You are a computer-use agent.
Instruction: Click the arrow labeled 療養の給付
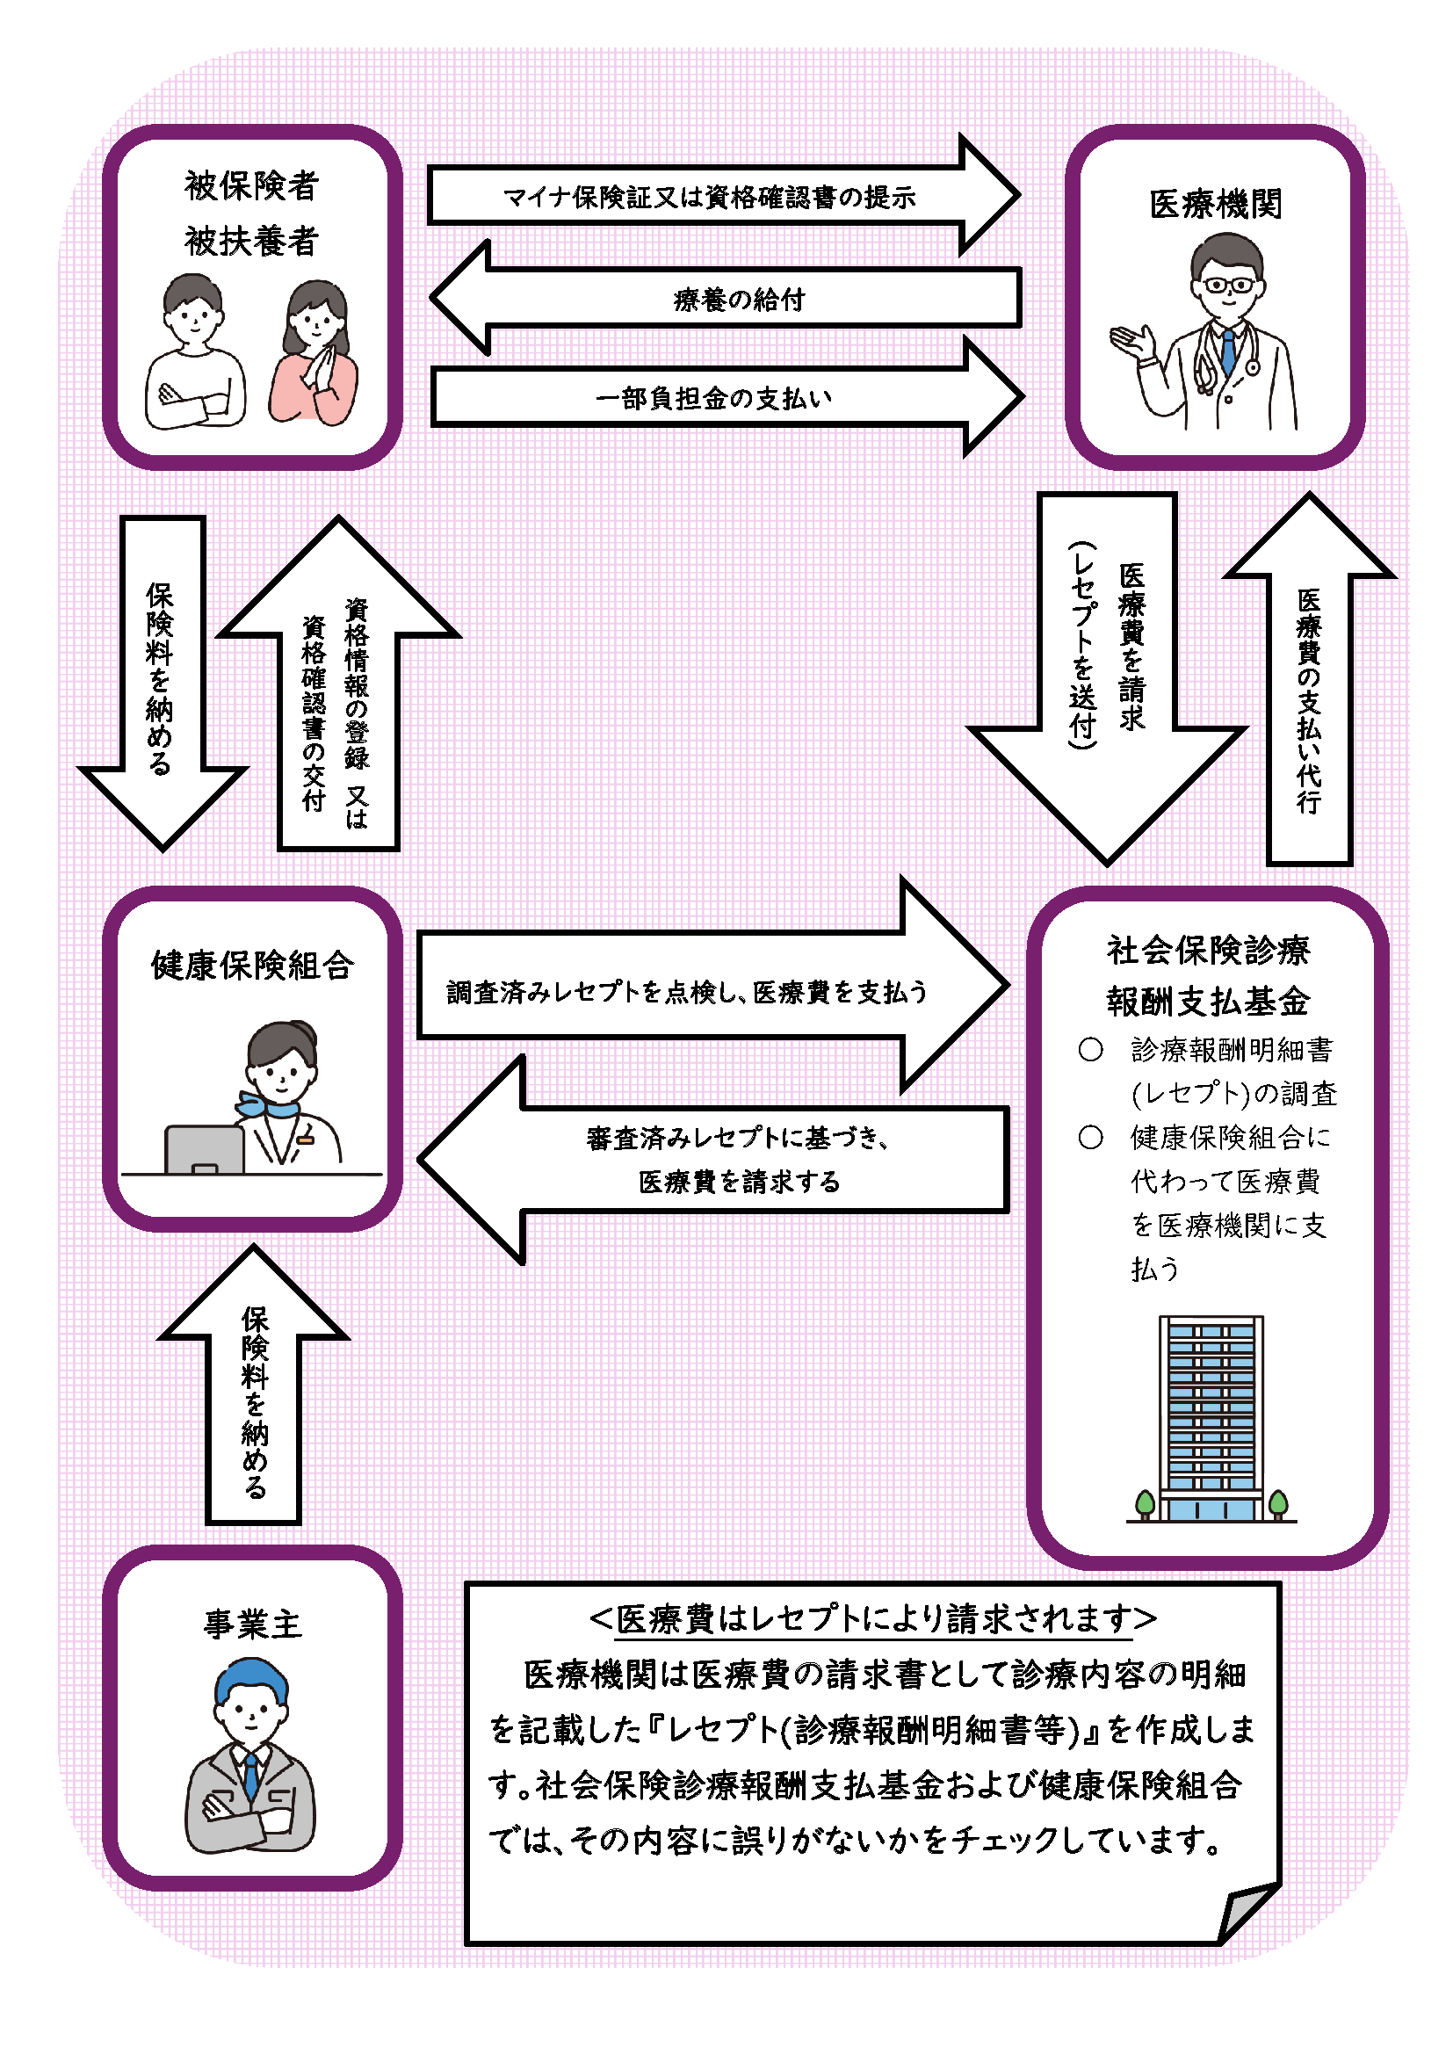point(738,298)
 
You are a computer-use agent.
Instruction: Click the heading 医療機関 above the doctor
point(1215,204)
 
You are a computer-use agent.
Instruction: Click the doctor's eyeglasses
point(1228,286)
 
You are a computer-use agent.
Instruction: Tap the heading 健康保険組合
point(252,966)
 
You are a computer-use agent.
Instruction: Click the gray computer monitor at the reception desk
point(204,1148)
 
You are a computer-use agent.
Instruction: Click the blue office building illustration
point(1211,1419)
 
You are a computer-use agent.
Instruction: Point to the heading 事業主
point(252,1624)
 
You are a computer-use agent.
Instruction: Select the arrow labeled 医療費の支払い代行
point(1308,698)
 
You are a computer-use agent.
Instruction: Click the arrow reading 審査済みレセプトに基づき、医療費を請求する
point(738,1159)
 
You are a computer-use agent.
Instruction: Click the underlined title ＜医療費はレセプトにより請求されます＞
point(872,1619)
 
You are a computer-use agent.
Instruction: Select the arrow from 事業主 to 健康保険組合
point(253,1396)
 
